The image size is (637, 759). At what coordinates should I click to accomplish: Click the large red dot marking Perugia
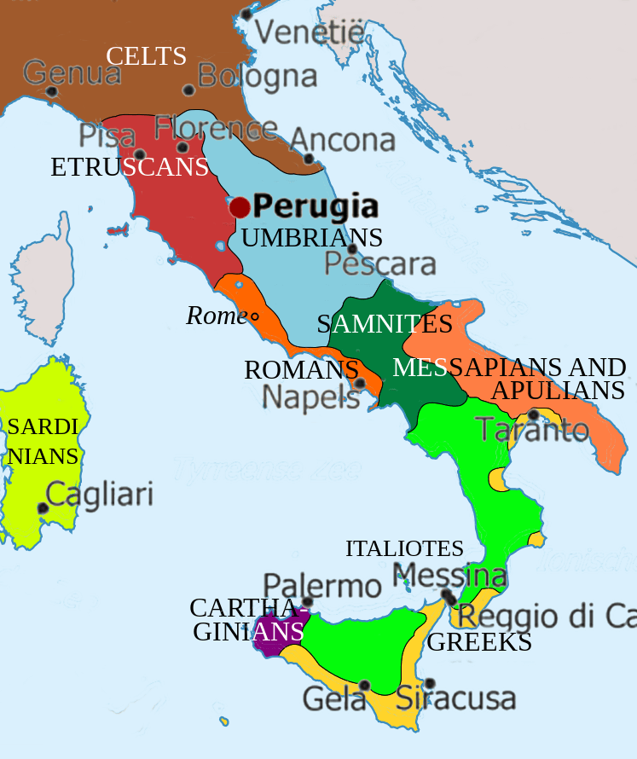tap(240, 207)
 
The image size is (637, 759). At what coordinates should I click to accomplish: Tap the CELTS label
tap(146, 57)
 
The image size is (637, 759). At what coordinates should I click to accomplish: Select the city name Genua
tap(72, 73)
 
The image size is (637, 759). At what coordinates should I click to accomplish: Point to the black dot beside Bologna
tap(189, 90)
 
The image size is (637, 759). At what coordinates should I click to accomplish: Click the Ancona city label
tap(343, 140)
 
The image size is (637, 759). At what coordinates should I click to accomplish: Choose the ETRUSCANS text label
tap(130, 167)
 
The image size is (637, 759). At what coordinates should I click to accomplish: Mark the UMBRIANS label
tap(311, 238)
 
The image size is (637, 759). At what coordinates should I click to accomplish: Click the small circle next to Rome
tap(254, 317)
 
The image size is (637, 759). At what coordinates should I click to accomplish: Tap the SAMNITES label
tap(384, 324)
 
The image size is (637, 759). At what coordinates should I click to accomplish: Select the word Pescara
tap(380, 264)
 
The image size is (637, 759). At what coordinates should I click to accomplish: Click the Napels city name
tap(311, 397)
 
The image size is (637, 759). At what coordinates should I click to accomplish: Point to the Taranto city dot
tap(533, 414)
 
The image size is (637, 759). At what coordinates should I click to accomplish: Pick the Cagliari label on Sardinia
tap(99, 495)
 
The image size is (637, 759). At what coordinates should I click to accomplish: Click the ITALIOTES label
tap(404, 549)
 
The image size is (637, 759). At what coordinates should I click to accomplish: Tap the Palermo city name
tap(321, 586)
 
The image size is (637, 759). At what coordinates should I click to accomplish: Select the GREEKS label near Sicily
tap(479, 643)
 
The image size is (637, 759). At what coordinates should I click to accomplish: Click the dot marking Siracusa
tap(430, 683)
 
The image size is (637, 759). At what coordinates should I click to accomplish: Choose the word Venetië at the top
tap(310, 33)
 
